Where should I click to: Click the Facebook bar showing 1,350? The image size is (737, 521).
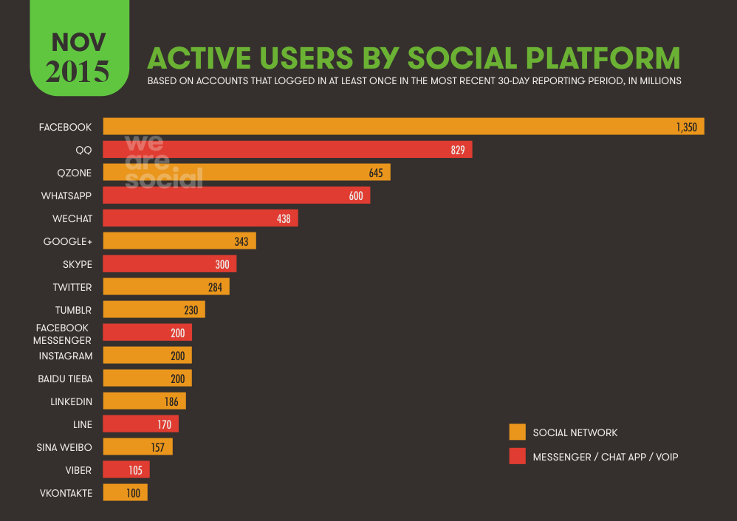(x=403, y=127)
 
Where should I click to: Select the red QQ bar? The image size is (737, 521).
(x=287, y=150)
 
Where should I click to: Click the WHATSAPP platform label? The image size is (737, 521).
(x=66, y=196)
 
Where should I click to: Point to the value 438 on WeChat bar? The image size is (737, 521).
(x=284, y=218)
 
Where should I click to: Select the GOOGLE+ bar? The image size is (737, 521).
(x=179, y=241)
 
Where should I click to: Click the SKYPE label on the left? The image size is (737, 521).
(x=77, y=264)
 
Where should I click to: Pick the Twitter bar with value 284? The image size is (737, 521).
(x=166, y=287)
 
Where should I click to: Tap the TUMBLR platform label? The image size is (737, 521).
(x=72, y=310)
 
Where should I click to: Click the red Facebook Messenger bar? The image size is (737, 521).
(x=147, y=333)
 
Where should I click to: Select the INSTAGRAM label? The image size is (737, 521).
(x=66, y=356)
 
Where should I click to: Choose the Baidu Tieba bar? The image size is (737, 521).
(x=147, y=379)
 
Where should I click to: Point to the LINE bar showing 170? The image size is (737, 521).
(x=140, y=424)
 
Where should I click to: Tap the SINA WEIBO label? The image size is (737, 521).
(x=64, y=447)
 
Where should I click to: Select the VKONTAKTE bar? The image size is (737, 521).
(x=125, y=493)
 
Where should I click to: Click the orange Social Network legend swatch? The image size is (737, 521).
(x=517, y=432)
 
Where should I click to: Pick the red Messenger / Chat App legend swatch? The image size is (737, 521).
(x=517, y=457)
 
